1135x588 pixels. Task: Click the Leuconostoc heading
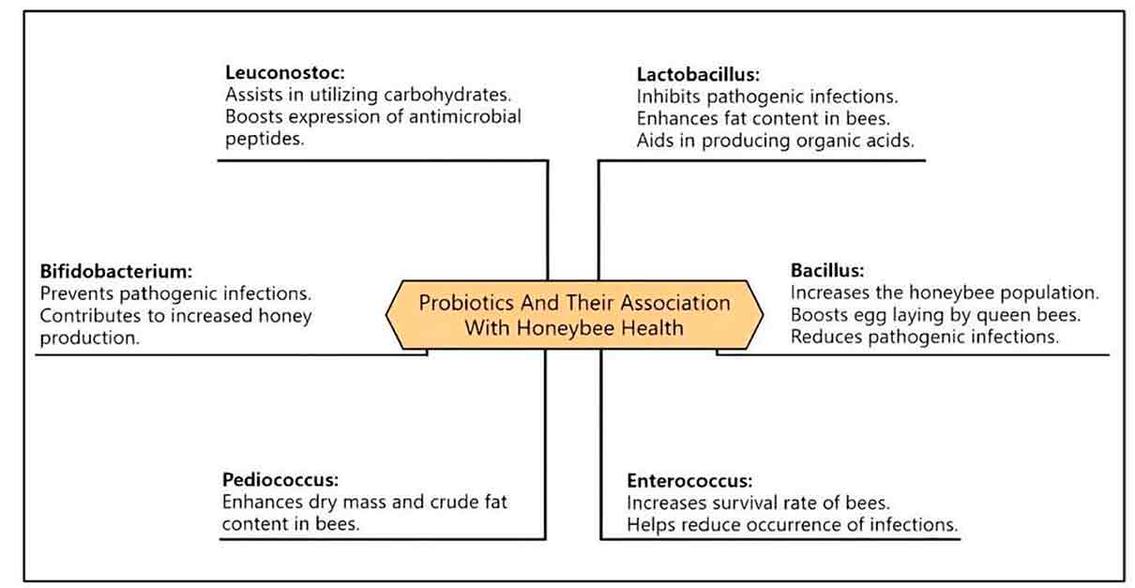pyautogui.click(x=285, y=72)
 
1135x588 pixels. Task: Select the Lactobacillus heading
pyautogui.click(x=698, y=74)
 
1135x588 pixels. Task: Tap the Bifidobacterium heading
pyautogui.click(x=116, y=271)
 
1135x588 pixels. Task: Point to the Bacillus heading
pyautogui.click(x=827, y=270)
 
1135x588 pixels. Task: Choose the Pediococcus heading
pyautogui.click(x=280, y=479)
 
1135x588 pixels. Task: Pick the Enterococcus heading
pyautogui.click(x=689, y=480)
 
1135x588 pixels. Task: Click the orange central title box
pyautogui.click(x=574, y=314)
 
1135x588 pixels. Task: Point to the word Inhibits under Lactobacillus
pyautogui.click(x=669, y=97)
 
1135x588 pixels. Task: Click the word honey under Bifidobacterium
pyautogui.click(x=285, y=316)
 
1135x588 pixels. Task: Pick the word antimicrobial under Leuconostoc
pyautogui.click(x=464, y=116)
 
